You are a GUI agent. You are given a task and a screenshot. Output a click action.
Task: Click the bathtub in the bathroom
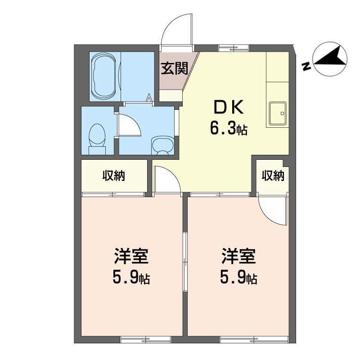(x=103, y=76)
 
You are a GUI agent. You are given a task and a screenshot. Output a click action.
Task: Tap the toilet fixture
(x=97, y=139)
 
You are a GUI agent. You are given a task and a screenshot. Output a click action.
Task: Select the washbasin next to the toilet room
(x=163, y=145)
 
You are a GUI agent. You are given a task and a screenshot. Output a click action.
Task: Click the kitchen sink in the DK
(x=278, y=113)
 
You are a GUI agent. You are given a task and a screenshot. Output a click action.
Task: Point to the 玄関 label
(x=174, y=68)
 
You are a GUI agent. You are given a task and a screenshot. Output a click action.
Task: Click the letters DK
(x=229, y=108)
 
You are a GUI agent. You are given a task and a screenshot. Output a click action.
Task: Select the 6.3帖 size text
(x=229, y=129)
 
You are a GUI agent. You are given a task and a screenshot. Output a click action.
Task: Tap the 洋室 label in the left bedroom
(x=131, y=256)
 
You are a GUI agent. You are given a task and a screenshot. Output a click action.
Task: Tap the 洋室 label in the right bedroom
(x=239, y=256)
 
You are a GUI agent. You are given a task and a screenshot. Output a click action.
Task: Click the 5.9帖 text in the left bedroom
(x=131, y=278)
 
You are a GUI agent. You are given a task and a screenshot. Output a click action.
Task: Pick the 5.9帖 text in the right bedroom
(x=239, y=278)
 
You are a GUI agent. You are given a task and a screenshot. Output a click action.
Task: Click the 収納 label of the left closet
(x=114, y=175)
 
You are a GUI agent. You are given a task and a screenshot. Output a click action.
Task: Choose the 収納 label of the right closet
(x=273, y=175)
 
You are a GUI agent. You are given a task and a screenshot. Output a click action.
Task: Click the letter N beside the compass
(x=306, y=66)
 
